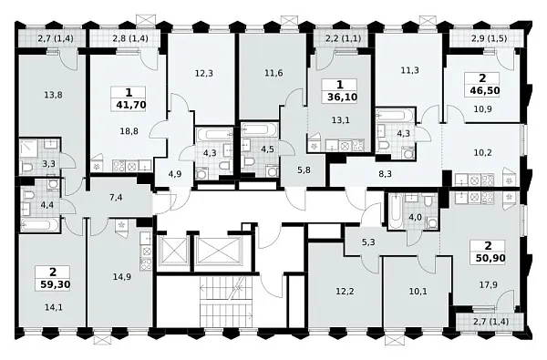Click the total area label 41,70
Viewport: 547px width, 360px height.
point(130,104)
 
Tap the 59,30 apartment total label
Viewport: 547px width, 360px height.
point(55,284)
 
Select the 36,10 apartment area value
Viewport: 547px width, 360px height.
point(342,97)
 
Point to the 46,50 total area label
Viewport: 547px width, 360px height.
point(485,91)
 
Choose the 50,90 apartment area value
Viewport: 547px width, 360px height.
point(490,258)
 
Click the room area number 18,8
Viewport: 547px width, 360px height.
point(129,131)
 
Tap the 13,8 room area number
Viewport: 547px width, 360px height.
point(54,95)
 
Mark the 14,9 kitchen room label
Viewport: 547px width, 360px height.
point(122,277)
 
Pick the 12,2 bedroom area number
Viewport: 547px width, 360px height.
point(345,291)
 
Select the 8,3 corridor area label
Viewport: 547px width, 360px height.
point(385,174)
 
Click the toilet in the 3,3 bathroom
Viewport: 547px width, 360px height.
point(26,168)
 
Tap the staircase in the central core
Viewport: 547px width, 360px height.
point(226,301)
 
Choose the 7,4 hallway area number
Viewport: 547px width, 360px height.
point(116,198)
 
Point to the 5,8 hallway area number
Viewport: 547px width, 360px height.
point(304,170)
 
